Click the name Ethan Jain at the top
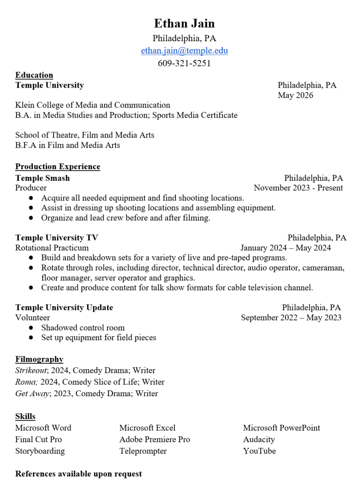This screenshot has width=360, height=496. [184, 23]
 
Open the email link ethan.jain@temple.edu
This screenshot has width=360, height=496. [184, 51]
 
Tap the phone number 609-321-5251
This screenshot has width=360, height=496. [184, 63]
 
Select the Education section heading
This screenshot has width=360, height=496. [34, 75]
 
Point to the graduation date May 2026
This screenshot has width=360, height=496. [295, 95]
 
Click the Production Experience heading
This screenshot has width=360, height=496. [58, 167]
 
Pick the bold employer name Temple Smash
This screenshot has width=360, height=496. [43, 178]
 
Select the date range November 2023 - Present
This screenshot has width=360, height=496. [298, 188]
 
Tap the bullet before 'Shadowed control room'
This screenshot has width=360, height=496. [31, 328]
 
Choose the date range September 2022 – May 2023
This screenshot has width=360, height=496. [291, 318]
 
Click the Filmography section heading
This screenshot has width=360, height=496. [39, 359]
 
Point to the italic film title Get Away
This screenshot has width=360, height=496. [32, 394]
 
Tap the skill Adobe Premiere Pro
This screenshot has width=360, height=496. [155, 440]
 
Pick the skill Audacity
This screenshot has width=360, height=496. [259, 440]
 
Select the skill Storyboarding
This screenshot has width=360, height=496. [40, 451]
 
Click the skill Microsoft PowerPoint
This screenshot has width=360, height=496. [282, 428]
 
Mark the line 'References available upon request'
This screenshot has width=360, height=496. [78, 474]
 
